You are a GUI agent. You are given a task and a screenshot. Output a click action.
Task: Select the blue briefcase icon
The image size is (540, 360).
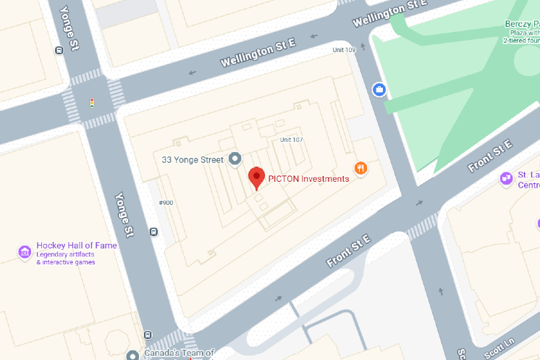379,90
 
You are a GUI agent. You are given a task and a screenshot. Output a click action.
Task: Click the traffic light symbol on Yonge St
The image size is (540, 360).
92,103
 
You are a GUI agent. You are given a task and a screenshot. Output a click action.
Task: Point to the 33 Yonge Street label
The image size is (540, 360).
192,159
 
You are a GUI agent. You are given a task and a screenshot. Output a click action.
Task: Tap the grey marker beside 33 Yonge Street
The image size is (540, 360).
235,159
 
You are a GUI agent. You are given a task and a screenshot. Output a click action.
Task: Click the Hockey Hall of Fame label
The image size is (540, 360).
76,246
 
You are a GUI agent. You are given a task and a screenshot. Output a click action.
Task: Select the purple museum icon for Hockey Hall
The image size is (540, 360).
25,252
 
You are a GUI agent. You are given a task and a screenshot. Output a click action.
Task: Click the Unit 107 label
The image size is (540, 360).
291,140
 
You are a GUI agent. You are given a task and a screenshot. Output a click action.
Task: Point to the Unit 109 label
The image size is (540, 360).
344,50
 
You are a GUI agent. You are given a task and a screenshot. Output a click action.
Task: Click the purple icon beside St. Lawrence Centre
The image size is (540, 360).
506,178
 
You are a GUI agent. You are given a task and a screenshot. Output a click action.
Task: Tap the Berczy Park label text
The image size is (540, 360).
521,24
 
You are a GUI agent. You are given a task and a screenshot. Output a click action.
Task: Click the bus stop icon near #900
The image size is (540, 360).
153,232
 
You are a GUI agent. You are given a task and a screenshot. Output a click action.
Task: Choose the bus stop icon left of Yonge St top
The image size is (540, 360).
59,51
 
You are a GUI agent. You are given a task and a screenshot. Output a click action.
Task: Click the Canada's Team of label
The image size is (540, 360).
179,353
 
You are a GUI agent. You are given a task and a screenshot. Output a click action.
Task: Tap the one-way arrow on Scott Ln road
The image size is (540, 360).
442,293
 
